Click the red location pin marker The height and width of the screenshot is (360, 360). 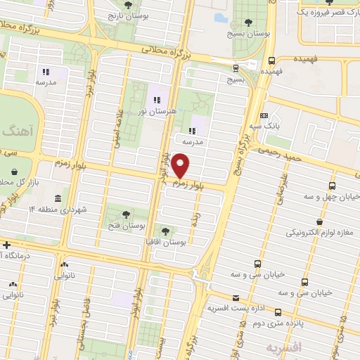[181, 167]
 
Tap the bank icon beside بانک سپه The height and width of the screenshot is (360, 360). [264, 115]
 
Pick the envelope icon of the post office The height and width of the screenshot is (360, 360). [235, 298]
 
